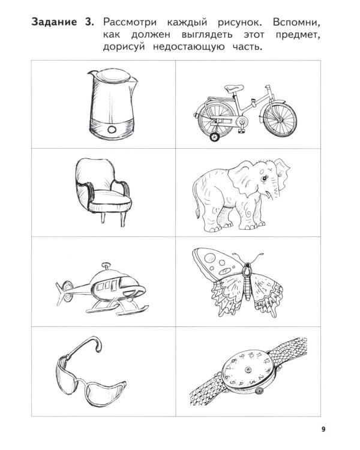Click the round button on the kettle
112,130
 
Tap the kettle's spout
91,74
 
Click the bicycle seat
233,88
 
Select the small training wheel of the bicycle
214,137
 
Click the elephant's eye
263,179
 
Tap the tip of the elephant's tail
197,214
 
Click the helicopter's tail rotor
66,291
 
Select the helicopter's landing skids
118,309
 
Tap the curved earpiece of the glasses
86,345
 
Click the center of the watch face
247,370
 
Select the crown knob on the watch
259,391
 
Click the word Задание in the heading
54,22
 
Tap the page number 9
323,430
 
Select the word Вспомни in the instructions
296,23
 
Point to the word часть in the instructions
247,47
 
